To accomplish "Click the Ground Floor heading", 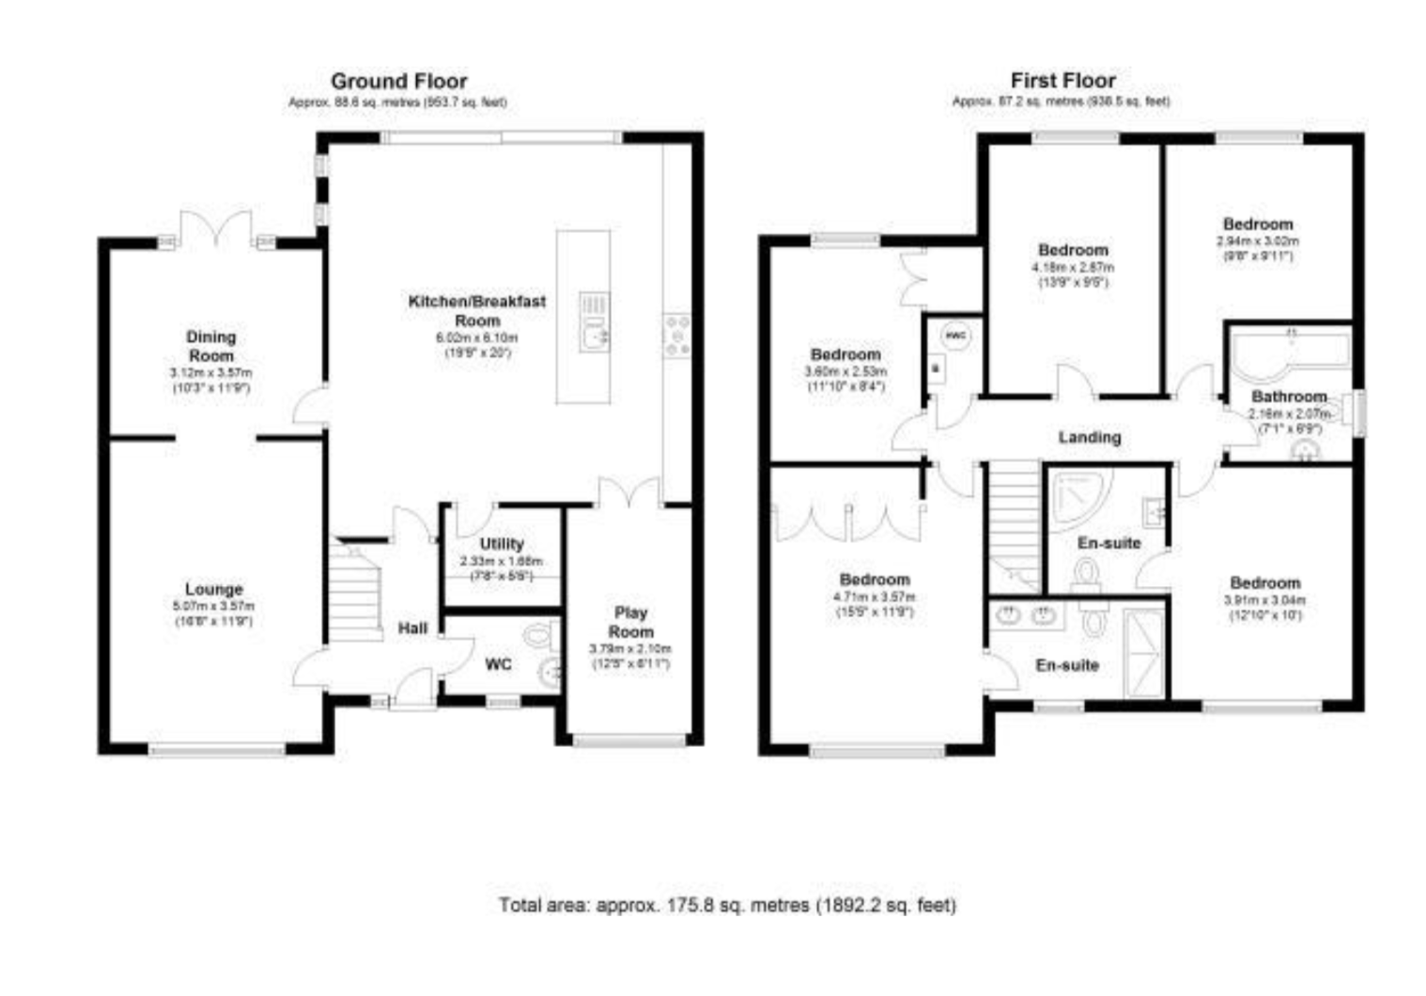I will pos(398,82).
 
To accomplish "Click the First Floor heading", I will pos(1062,82).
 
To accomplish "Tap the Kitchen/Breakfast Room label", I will pos(476,310).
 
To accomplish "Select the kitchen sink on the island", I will pos(595,334).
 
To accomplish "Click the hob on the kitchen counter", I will pos(676,335).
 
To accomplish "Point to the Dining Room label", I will pos(211,346).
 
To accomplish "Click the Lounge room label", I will pos(213,589).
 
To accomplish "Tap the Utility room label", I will pos(502,544).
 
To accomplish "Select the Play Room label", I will pos(630,622).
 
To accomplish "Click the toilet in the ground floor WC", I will pos(539,636).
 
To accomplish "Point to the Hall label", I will pos(412,629).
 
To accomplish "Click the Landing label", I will pos(1089,437).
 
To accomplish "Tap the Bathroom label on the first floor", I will pos(1288,397).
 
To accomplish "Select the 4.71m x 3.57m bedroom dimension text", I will pos(874,597).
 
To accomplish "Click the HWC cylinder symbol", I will pos(955,335).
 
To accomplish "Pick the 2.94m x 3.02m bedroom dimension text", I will pos(1258,241).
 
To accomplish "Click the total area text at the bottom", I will pos(727,906).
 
